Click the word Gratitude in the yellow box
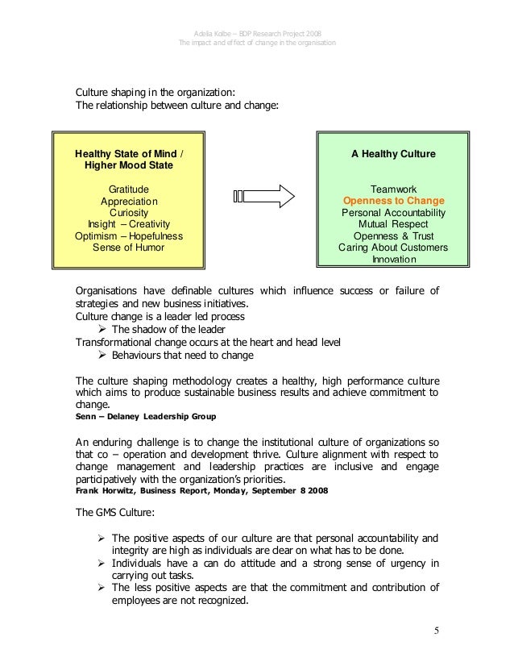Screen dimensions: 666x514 pos(129,188)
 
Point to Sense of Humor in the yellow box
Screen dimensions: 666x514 pos(129,248)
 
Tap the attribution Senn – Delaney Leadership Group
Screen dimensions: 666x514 pos(145,418)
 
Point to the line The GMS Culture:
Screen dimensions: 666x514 pos(108,511)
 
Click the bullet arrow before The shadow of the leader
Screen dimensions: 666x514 pos(102,329)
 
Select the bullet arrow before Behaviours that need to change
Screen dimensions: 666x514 pos(102,354)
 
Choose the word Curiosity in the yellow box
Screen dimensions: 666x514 pos(129,212)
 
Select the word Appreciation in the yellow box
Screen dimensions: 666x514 pos(129,200)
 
